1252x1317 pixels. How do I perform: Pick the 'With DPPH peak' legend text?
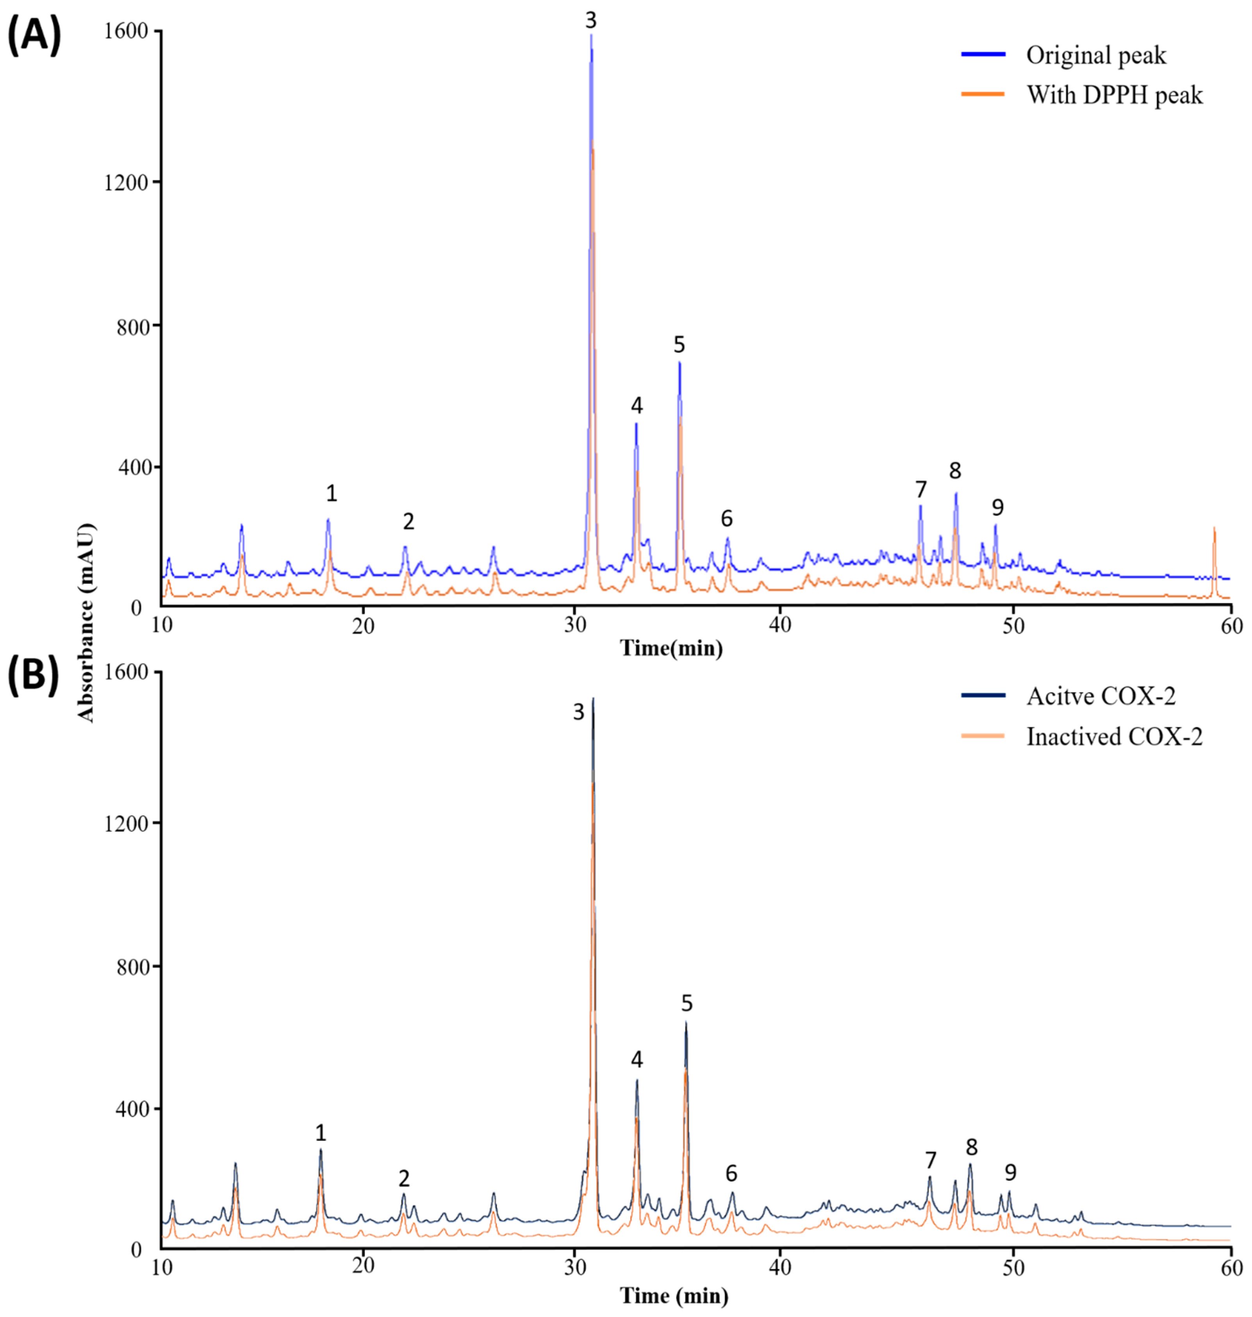point(1114,95)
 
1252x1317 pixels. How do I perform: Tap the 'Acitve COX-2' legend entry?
point(1100,696)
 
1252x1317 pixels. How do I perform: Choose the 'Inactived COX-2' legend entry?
point(1114,737)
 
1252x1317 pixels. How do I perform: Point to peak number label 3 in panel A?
point(590,21)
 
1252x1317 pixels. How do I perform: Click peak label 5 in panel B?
point(687,1003)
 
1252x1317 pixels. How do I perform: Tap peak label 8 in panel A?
point(955,471)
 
